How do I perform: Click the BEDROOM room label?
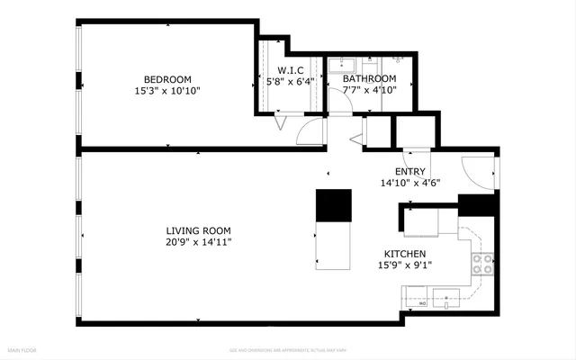coord(167,79)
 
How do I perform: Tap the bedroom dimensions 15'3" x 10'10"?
coord(167,91)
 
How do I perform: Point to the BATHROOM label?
coord(370,78)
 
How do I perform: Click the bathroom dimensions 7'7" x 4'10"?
coord(370,90)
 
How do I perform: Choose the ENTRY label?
coord(409,171)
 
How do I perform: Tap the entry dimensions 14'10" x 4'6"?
coord(409,183)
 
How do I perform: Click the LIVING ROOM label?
coord(192,230)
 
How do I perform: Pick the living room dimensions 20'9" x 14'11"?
coord(192,242)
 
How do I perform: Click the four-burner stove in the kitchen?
coord(482,264)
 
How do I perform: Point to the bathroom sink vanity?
coord(341,65)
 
